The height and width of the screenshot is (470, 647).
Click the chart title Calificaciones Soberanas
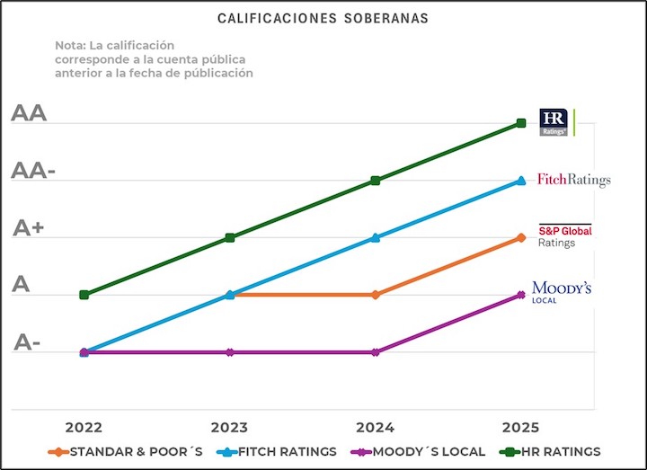(323, 18)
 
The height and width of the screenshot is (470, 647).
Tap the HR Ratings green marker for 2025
(521, 123)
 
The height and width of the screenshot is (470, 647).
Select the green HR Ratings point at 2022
(84, 295)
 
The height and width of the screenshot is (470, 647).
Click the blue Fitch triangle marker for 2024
(376, 237)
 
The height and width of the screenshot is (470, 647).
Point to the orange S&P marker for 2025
(521, 237)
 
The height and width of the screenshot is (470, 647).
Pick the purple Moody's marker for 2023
(230, 352)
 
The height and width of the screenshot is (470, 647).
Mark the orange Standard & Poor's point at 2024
(376, 295)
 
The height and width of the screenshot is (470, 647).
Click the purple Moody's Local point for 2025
(521, 295)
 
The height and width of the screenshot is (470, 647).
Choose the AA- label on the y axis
(33, 172)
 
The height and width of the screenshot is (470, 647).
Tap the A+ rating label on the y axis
(29, 228)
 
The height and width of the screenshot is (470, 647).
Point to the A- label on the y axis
(27, 342)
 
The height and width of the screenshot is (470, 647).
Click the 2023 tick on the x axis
(230, 426)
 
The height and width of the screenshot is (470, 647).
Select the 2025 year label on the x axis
(521, 426)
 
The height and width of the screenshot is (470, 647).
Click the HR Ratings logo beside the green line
(554, 122)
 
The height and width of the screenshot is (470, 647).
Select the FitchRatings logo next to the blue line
(573, 180)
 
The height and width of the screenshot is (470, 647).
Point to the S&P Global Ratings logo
(565, 235)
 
